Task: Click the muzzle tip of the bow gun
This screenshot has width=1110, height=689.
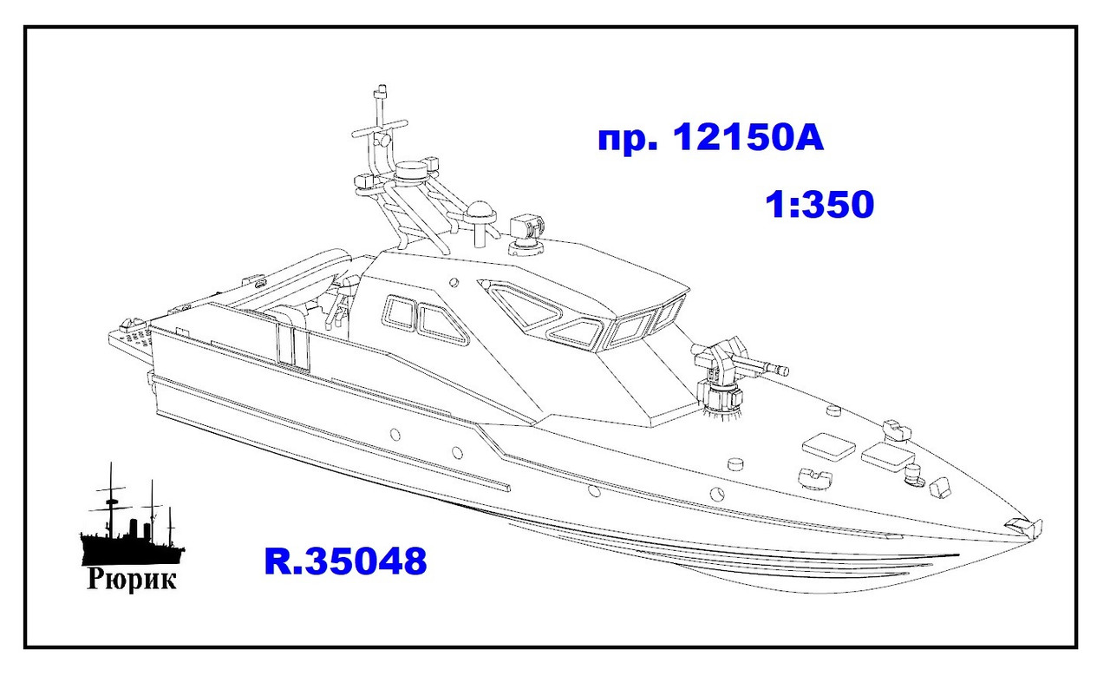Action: point(785,371)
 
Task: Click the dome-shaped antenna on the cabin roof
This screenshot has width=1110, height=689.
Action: point(479,213)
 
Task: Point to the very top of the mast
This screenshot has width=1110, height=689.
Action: point(379,90)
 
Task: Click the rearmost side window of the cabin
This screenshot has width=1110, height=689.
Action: point(400,312)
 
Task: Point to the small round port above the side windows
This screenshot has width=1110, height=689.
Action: point(454,280)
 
